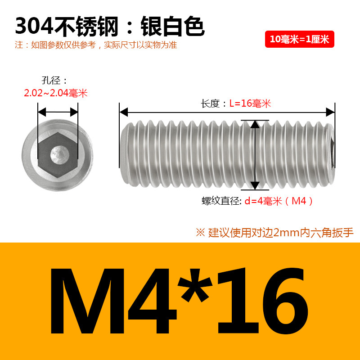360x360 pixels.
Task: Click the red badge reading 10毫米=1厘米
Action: [x=299, y=39]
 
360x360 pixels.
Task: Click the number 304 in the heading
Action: [x=35, y=26]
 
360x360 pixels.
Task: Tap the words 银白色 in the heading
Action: [x=172, y=26]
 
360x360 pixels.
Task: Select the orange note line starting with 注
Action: [x=96, y=45]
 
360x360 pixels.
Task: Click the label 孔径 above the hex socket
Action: [x=51, y=81]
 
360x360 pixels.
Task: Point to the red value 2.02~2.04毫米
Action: [x=56, y=93]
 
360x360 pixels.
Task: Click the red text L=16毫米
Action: [x=250, y=103]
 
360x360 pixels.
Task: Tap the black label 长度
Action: [x=210, y=103]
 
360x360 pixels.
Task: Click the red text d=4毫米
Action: [x=263, y=201]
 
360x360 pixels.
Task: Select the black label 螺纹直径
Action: [x=220, y=201]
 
